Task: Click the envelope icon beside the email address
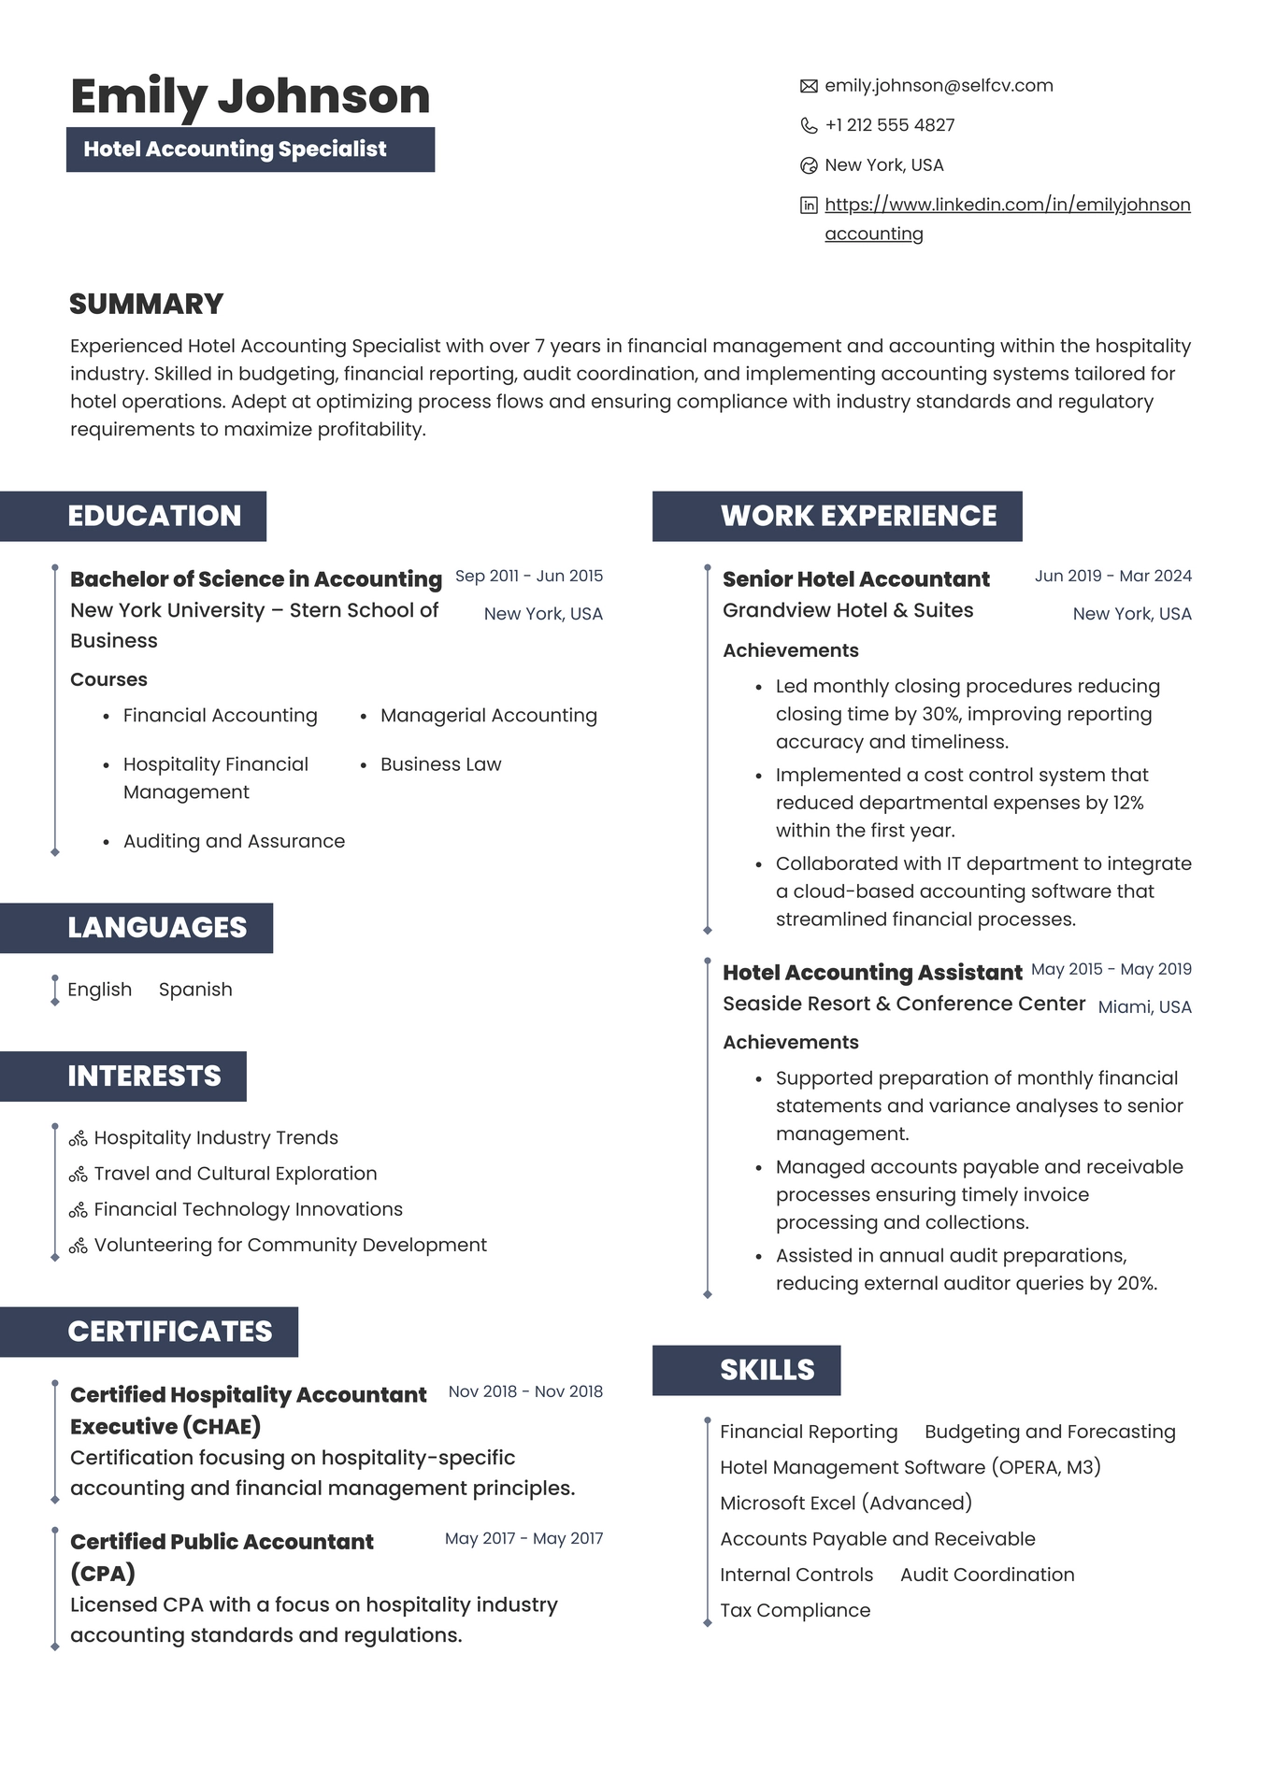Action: [x=809, y=86]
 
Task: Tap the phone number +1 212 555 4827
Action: [x=889, y=125]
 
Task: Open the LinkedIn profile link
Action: [x=1007, y=205]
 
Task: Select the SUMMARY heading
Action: [x=147, y=304]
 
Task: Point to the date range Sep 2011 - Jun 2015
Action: [x=529, y=576]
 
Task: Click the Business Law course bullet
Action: [x=440, y=764]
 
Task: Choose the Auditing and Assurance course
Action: [x=234, y=841]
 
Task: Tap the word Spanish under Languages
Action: [x=195, y=990]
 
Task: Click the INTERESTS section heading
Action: [x=144, y=1076]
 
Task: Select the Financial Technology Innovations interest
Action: [x=248, y=1209]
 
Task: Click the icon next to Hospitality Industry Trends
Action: [x=79, y=1138]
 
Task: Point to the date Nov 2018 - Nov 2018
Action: [x=525, y=1391]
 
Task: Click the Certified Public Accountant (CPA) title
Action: [x=222, y=1557]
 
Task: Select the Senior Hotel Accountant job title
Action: [x=855, y=579]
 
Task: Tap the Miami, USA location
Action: [x=1144, y=1007]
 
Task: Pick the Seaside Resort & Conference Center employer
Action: [x=904, y=1004]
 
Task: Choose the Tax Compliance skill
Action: [x=795, y=1610]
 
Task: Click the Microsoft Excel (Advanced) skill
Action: [x=846, y=1503]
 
